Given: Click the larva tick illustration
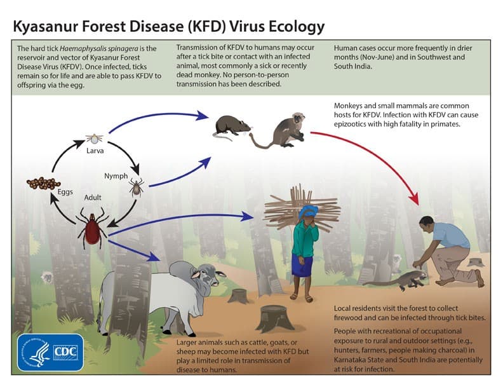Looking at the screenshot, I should click(x=95, y=137).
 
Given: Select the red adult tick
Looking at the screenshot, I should click(x=91, y=229).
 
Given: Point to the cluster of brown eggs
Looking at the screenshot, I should click(x=44, y=184).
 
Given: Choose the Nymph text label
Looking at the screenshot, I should click(x=116, y=175).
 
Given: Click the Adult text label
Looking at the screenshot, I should click(x=93, y=198).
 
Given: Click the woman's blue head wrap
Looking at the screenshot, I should click(x=309, y=212).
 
